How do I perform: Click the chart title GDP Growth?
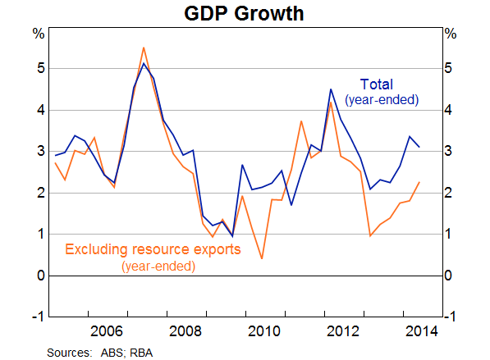[245, 13]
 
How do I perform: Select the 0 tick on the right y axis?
[448, 276]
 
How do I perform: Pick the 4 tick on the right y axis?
[448, 110]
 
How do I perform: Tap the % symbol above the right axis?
[450, 34]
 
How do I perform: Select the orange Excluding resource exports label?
[153, 249]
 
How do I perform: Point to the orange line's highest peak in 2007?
[144, 48]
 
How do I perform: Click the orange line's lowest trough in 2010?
[262, 258]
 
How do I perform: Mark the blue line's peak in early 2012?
[331, 89]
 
